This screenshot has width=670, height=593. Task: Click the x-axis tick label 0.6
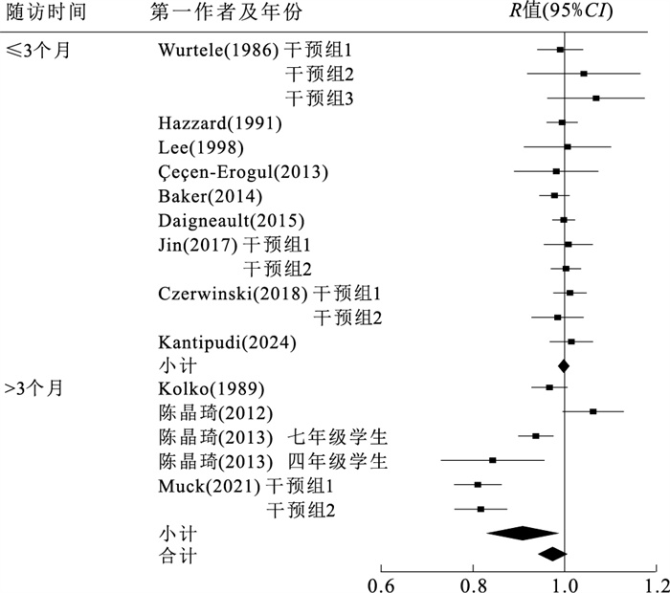pos(381,582)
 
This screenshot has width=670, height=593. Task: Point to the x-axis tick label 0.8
pos(473,582)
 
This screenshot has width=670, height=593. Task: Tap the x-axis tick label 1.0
pos(565,582)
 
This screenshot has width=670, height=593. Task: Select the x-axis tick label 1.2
pos(656,582)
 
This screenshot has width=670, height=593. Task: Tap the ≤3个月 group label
pos(36,50)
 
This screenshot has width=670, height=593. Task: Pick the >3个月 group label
pos(36,388)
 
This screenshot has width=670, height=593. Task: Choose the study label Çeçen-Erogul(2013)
pos(243,172)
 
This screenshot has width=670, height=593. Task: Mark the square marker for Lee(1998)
pos(568,146)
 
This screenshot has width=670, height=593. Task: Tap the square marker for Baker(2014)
pos(554,195)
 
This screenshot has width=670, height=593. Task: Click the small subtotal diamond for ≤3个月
pos(563,364)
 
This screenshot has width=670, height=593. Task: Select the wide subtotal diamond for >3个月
pos(522,533)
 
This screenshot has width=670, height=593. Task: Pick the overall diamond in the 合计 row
pos(552,554)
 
